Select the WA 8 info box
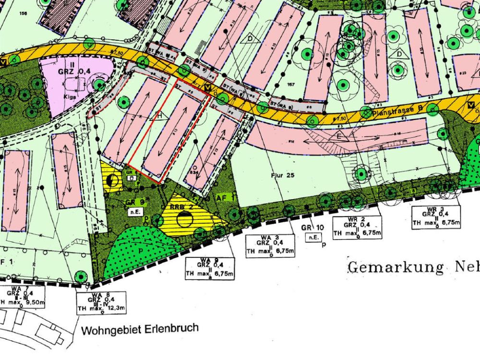101,302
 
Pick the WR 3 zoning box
436,217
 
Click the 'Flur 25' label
283,176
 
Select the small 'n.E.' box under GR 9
133,210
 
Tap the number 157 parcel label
290,84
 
